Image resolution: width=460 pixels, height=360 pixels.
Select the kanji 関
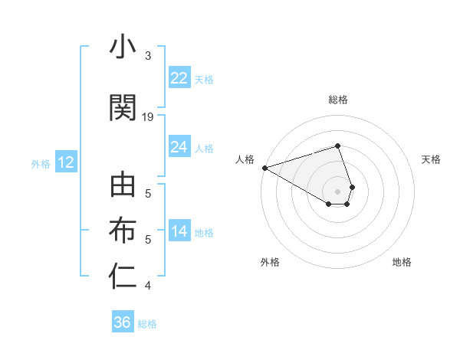tap(123, 108)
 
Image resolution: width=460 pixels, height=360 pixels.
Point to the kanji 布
tap(123, 231)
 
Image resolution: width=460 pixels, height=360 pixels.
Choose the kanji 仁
tap(123, 277)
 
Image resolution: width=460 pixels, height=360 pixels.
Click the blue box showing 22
tap(179, 78)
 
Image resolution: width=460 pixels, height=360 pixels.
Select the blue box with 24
tap(179, 147)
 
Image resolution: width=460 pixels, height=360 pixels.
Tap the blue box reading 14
tap(179, 232)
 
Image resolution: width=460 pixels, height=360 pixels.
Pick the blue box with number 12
tap(65, 162)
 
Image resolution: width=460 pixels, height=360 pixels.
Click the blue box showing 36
tap(123, 322)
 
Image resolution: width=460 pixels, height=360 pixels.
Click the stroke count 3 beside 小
tap(148, 56)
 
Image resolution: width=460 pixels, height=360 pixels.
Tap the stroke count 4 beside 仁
tap(148, 286)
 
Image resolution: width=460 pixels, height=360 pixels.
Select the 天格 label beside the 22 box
tap(204, 80)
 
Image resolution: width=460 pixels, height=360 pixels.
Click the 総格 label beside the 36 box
tap(147, 324)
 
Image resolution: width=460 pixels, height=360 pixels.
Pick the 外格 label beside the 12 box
tap(41, 163)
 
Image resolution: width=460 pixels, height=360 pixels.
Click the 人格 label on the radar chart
tap(245, 159)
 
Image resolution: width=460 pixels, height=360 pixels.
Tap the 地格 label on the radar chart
tap(402, 262)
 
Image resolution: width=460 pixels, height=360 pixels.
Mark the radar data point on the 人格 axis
tap(264, 168)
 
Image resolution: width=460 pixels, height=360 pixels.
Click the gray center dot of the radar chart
tap(338, 191)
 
